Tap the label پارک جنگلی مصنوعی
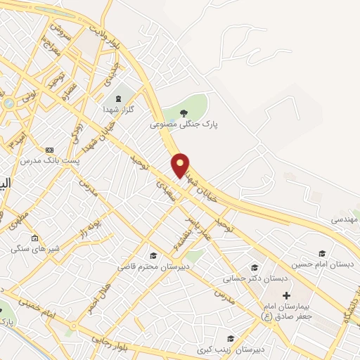point(184,124)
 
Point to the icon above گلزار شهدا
point(117,98)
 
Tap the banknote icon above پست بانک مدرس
point(49,150)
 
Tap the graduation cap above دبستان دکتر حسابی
point(255,267)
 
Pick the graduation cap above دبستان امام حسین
point(323,253)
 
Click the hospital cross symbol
point(285,295)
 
